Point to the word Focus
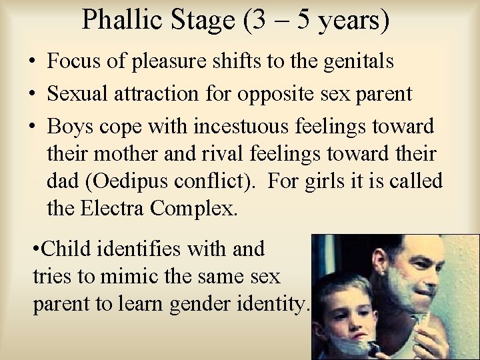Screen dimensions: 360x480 (x=73, y=63)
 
